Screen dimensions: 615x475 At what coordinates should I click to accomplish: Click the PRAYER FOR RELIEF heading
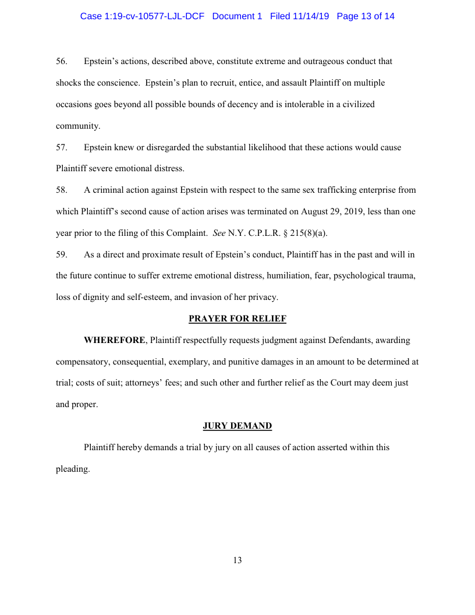(237, 319)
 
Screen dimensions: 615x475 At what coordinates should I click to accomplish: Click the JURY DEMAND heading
(237, 426)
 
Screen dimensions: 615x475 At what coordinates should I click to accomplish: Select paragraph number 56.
(61, 61)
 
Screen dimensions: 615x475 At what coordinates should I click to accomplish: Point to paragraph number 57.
(61, 147)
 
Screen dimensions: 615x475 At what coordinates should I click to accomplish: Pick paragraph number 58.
(61, 190)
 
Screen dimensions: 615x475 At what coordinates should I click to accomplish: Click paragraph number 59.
(61, 255)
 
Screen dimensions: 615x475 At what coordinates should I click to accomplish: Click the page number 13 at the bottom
(237, 560)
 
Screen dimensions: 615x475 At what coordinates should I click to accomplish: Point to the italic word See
(219, 234)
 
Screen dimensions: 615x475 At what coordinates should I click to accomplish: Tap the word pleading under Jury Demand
(73, 469)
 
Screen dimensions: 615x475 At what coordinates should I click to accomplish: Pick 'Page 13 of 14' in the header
(366, 16)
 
